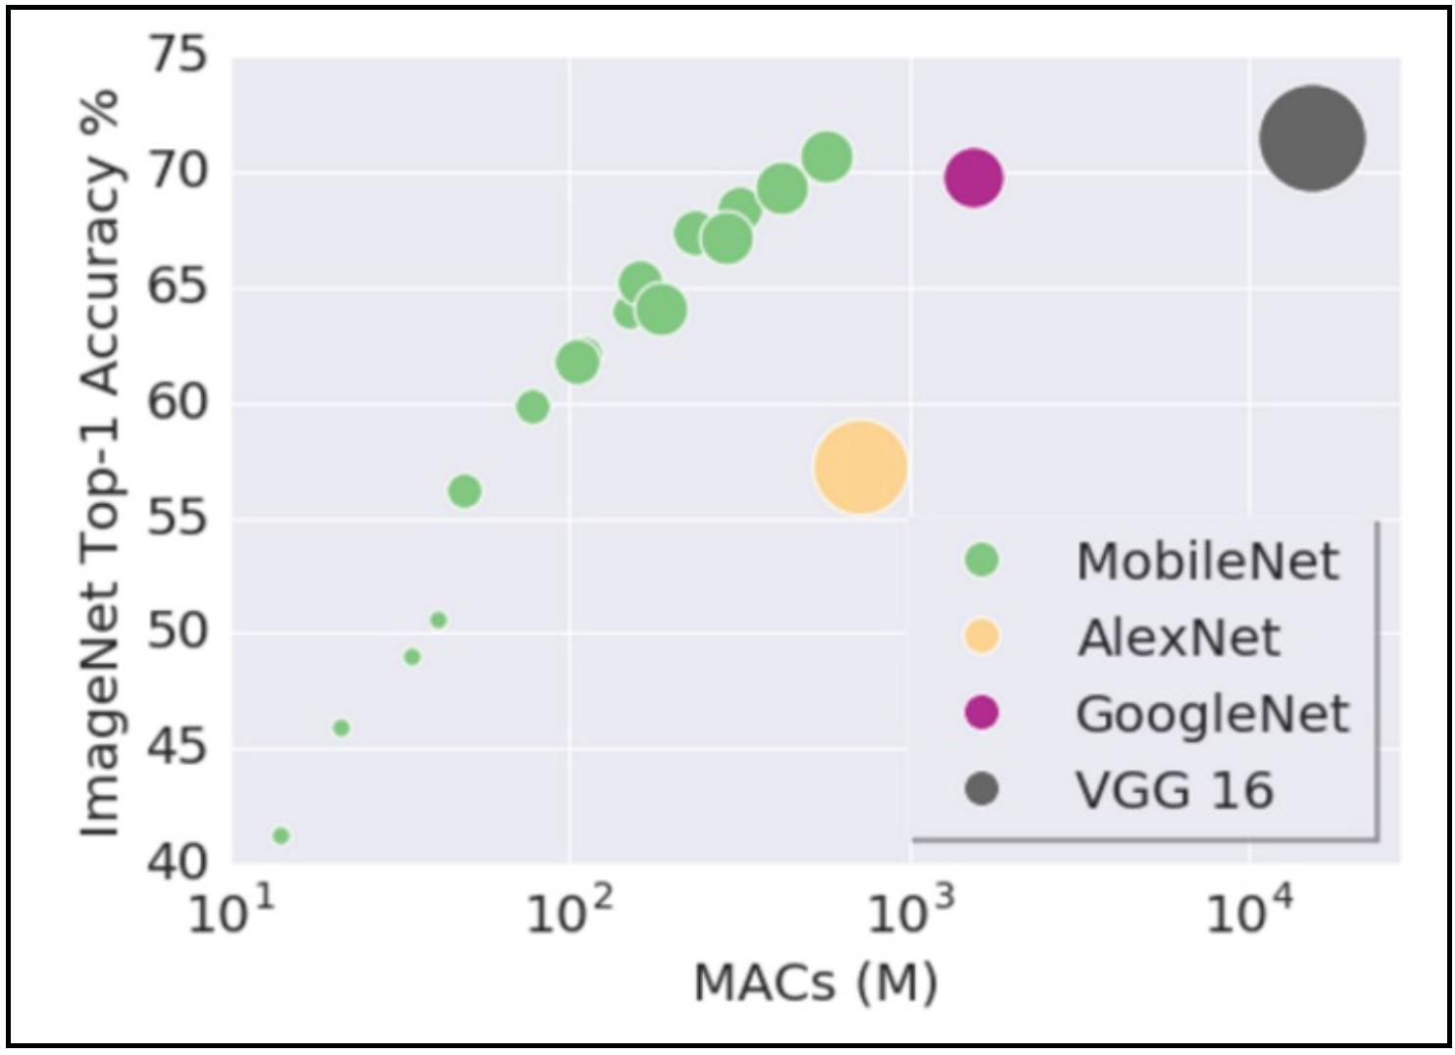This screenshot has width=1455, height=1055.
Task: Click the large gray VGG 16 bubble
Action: pos(1312,138)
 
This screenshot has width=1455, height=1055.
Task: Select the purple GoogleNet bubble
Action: pos(973,177)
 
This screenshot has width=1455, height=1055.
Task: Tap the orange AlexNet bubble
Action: pos(860,468)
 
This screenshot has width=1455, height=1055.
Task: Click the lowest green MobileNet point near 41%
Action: pos(280,835)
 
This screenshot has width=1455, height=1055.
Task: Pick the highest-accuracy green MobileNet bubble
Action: pos(827,157)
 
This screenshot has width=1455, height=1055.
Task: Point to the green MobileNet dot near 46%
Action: pos(341,728)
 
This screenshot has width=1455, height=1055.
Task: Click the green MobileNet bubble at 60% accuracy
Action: pos(532,406)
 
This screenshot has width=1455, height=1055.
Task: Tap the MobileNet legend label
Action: pos(1207,561)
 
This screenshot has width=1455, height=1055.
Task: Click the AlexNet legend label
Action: pos(1179,638)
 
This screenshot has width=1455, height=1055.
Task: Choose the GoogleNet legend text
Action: pos(1212,714)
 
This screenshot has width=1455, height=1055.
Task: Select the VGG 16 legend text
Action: pos(1175,790)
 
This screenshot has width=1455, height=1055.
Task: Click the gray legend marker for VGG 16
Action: pos(981,789)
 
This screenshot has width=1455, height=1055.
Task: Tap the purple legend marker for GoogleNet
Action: pos(981,713)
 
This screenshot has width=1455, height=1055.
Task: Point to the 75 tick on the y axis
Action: pos(178,56)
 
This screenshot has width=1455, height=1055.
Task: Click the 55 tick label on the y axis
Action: pos(178,518)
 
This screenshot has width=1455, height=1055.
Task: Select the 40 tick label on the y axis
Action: pos(178,863)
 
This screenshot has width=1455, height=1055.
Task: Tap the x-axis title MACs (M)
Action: pos(815,983)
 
